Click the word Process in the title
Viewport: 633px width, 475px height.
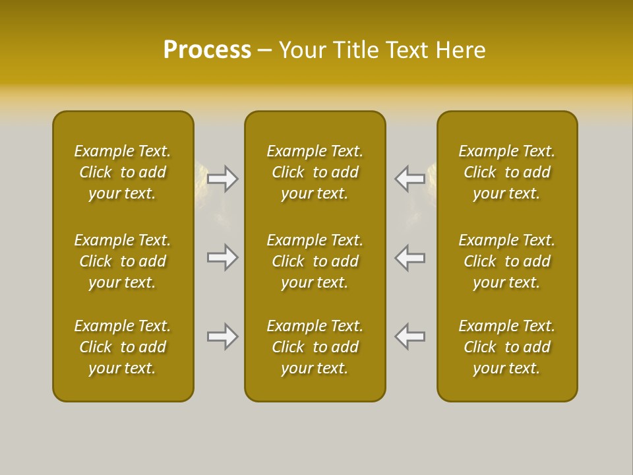pyautogui.click(x=207, y=50)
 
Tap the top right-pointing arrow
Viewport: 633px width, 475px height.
pyautogui.click(x=223, y=178)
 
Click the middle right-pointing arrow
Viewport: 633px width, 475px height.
pyautogui.click(x=223, y=257)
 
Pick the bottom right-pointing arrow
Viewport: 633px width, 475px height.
pyautogui.click(x=223, y=336)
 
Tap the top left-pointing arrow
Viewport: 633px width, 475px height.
pyautogui.click(x=410, y=178)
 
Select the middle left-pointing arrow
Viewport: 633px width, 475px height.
pyautogui.click(x=410, y=257)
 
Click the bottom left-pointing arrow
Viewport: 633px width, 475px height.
pyautogui.click(x=410, y=336)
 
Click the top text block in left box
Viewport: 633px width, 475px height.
pyautogui.click(x=123, y=172)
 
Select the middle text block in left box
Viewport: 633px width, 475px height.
pyautogui.click(x=123, y=261)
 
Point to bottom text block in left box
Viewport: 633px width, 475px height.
pyautogui.click(x=123, y=347)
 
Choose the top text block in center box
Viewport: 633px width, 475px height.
pyautogui.click(x=315, y=172)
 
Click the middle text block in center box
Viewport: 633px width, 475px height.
pyautogui.click(x=315, y=261)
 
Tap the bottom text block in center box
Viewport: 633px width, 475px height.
pyautogui.click(x=315, y=347)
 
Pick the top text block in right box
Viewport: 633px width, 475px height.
pyautogui.click(x=507, y=172)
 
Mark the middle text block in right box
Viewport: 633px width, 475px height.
pyautogui.click(x=507, y=261)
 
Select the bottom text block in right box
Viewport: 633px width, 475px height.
pyautogui.click(x=507, y=347)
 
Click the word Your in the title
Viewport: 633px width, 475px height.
pyautogui.click(x=303, y=50)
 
